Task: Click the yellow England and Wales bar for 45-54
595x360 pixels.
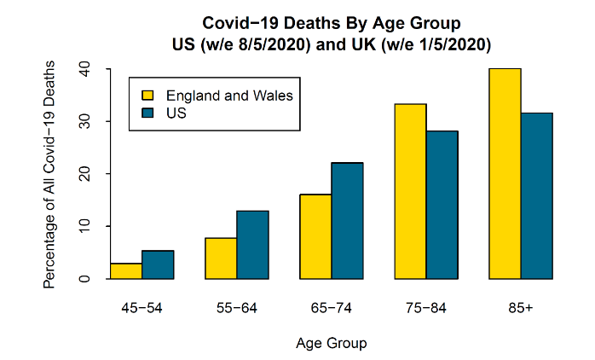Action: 126,270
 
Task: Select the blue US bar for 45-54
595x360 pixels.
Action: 158,264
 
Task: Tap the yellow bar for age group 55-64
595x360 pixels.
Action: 221,258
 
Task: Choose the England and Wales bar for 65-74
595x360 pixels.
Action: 315,236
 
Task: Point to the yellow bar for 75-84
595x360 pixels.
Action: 410,191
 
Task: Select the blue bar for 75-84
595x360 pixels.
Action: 442,205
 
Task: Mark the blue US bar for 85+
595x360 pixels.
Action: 536,195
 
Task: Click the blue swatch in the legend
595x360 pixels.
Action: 147,112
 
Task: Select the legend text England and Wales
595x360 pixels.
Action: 228,96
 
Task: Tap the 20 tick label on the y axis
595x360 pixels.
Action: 84,174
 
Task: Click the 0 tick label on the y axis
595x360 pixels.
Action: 84,278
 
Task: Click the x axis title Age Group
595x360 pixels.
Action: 331,344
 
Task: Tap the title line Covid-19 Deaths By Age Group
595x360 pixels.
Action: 331,22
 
